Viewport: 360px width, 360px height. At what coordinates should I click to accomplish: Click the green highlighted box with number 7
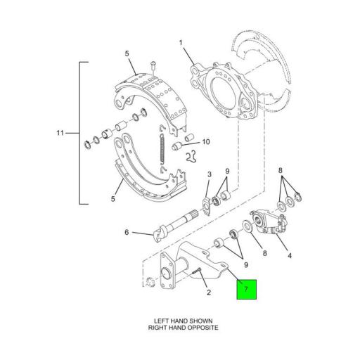tap(246, 289)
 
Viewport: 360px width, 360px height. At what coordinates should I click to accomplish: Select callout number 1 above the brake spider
tap(181, 43)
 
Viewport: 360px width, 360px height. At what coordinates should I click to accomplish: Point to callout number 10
tap(206, 142)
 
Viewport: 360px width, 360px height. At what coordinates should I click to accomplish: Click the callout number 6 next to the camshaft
tap(127, 232)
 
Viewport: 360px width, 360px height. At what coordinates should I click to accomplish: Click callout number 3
tap(209, 175)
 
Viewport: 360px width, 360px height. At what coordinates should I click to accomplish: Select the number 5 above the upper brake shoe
tap(127, 53)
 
